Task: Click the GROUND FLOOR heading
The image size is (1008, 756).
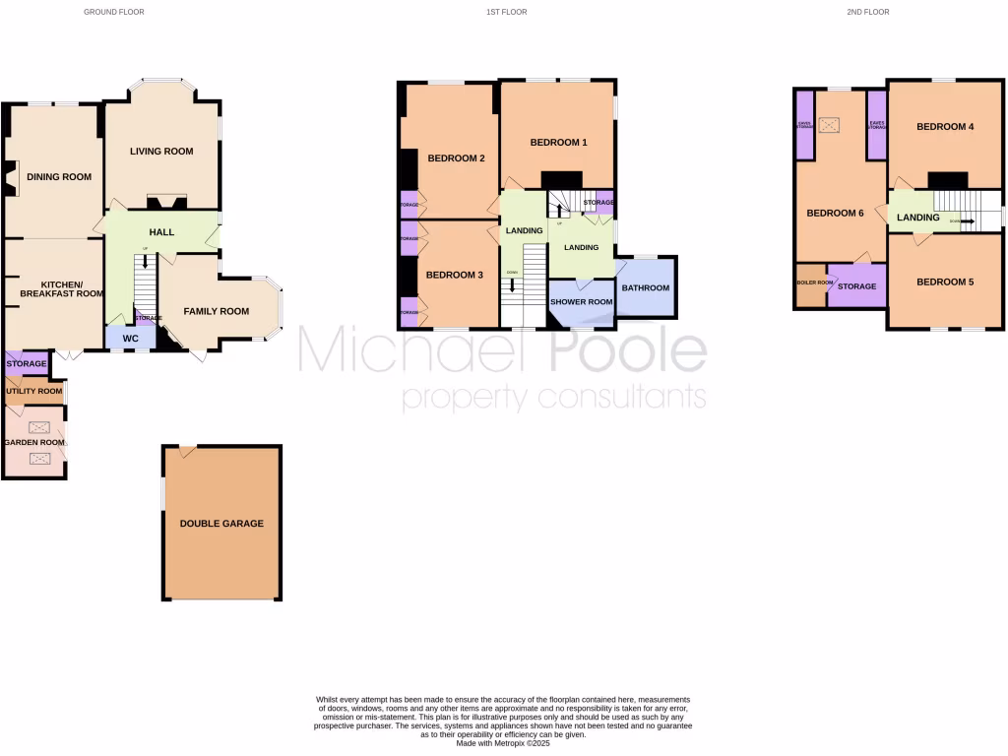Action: (115, 12)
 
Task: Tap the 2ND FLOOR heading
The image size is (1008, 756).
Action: (867, 12)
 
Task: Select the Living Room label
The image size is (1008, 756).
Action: (161, 152)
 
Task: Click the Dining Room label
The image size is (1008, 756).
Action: (59, 177)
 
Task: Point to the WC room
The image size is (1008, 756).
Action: (130, 339)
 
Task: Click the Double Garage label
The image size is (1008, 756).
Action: (221, 524)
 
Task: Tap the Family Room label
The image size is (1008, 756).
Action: (217, 312)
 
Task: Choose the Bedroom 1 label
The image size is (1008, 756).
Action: (558, 143)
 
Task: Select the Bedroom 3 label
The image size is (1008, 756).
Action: (454, 276)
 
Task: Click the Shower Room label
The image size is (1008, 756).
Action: (581, 302)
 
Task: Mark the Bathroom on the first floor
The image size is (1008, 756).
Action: (645, 288)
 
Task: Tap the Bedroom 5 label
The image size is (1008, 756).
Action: (945, 283)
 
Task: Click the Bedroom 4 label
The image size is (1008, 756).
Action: (945, 127)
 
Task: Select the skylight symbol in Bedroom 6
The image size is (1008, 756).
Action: (832, 125)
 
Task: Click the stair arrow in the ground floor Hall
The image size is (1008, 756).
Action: (146, 262)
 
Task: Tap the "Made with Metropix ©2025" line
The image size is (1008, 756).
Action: (503, 742)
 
